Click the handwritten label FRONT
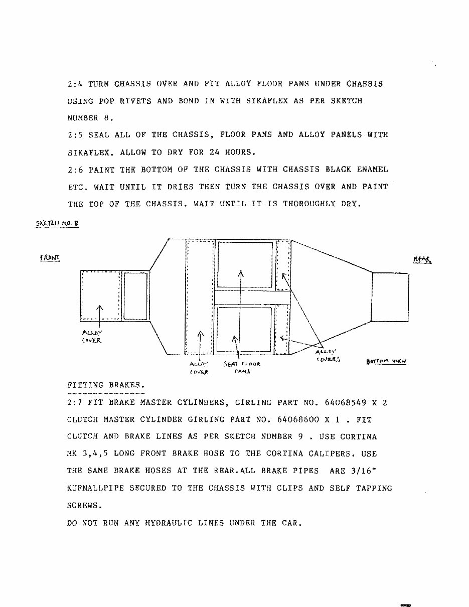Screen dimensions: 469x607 tap(50, 258)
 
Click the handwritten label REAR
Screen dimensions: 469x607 tap(422, 259)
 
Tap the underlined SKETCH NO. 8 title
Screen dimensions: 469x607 tap(57, 224)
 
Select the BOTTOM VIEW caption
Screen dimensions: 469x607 tap(386, 361)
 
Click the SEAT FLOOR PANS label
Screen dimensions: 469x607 tap(242, 368)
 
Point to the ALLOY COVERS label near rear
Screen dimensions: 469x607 tap(329, 355)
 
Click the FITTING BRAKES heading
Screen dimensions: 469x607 tap(106, 385)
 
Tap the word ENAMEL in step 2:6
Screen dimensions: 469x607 tap(371, 170)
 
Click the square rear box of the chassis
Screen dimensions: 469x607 tap(390, 296)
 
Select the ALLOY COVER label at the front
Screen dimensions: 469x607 tap(92, 336)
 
